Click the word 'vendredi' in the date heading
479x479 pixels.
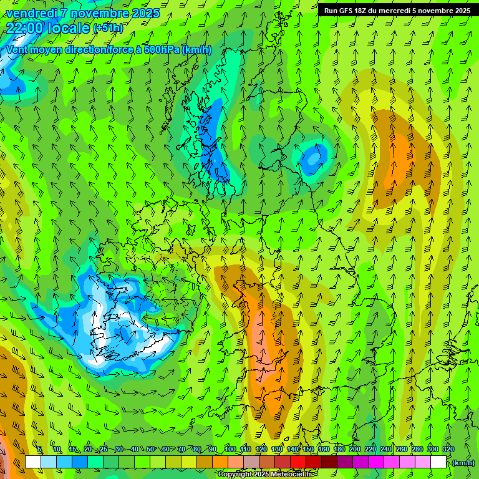click(x=29, y=13)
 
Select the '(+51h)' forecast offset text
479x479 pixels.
click(x=108, y=28)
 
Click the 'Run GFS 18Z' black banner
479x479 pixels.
click(x=397, y=11)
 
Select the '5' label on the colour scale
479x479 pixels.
click(x=39, y=450)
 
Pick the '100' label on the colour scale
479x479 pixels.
click(x=230, y=450)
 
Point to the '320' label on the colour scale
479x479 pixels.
click(x=448, y=450)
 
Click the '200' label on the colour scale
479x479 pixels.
click(x=355, y=450)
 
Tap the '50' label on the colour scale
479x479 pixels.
click(x=150, y=450)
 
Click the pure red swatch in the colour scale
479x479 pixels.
click(x=298, y=462)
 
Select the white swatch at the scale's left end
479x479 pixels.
click(x=33, y=462)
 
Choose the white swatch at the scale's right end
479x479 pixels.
click(x=438, y=462)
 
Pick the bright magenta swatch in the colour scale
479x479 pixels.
click(x=376, y=462)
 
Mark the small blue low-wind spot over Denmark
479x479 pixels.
click(x=312, y=158)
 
